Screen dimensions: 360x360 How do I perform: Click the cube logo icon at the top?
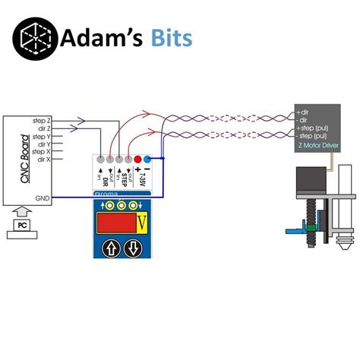pos(38,38)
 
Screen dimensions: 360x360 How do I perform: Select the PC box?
pos(24,226)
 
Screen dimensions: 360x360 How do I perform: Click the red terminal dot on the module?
pos(138,159)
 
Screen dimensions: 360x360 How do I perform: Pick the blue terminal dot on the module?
pos(148,159)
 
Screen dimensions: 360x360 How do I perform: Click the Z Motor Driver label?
pos(317,143)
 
